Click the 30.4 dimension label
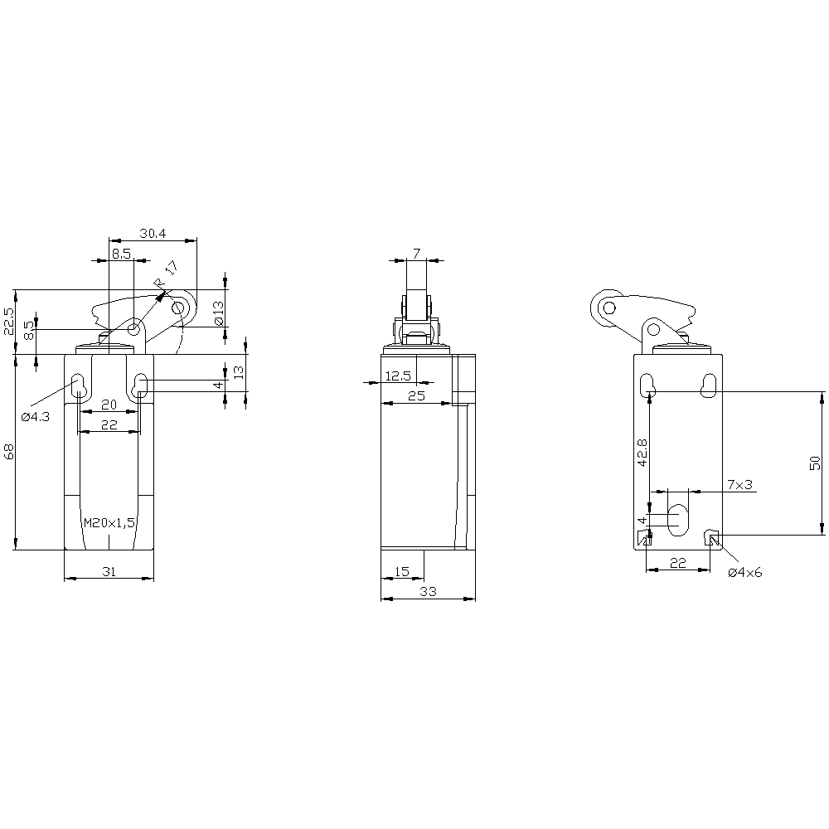point(153,233)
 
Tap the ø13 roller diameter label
point(219,313)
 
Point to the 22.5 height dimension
point(9,321)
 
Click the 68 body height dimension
point(9,451)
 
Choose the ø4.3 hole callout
point(36,417)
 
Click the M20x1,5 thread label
point(110,523)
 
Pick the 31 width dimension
point(109,571)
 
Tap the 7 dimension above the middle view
point(417,254)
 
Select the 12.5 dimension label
point(398,376)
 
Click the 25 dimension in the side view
point(417,395)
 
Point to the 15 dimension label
point(402,571)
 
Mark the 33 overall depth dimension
point(428,592)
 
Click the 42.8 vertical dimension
point(642,452)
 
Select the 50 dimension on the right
point(815,463)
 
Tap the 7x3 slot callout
point(739,484)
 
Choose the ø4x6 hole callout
point(745,573)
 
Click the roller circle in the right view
point(609,308)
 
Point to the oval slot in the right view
point(678,520)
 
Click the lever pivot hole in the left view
point(134,329)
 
